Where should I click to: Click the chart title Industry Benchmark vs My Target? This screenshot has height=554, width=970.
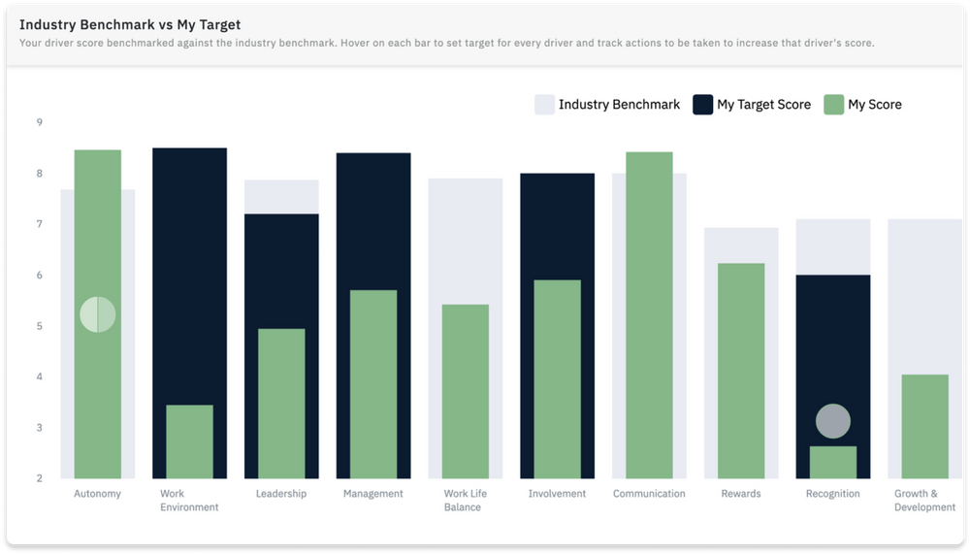[130, 24]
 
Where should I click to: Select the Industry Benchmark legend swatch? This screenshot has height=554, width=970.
[544, 105]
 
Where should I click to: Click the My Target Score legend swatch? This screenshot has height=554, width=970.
[702, 105]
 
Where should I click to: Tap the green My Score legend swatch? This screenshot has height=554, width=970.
[833, 105]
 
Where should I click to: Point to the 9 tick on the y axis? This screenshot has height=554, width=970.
[39, 122]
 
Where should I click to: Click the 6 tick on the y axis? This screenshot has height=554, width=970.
[39, 276]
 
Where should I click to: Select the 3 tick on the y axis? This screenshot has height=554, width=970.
[39, 428]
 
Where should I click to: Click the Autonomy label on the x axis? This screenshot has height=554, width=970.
[97, 494]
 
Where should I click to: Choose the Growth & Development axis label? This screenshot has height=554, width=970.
[924, 500]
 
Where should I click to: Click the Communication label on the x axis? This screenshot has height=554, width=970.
[649, 494]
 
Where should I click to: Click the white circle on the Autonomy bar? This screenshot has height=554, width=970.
[97, 314]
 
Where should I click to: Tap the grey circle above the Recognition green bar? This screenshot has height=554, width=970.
[832, 421]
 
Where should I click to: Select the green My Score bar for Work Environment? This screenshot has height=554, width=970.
[189, 441]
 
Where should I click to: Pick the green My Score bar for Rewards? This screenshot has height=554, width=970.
[741, 371]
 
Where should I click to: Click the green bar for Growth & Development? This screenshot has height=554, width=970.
[924, 426]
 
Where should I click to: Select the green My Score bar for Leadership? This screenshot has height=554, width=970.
[281, 404]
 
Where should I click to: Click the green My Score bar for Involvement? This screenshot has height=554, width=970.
[557, 379]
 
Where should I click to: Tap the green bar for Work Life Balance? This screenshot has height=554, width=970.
[466, 391]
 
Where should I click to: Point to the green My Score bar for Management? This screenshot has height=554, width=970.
[373, 384]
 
